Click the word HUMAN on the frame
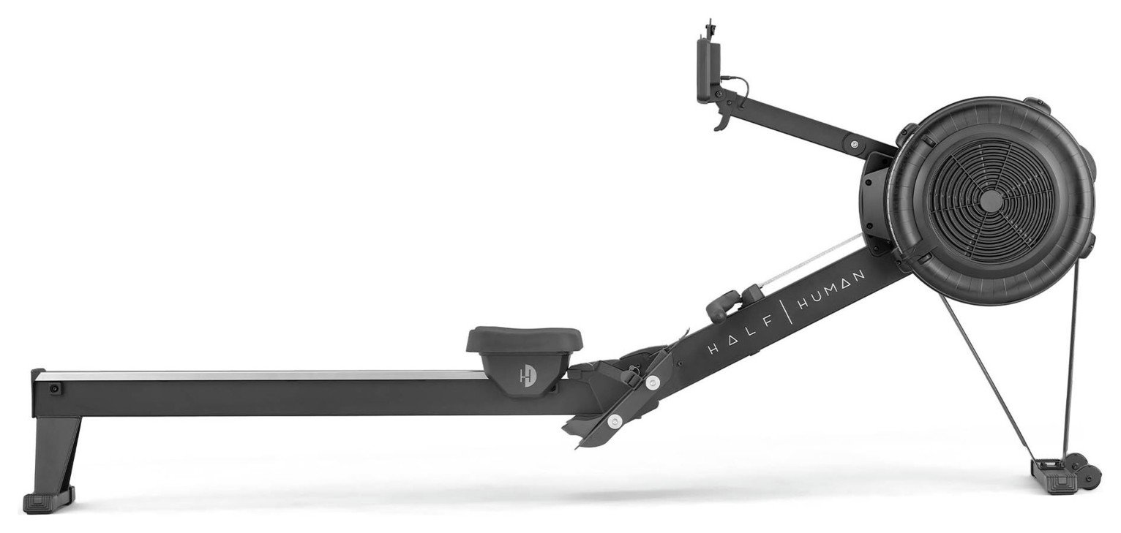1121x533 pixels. tap(831, 290)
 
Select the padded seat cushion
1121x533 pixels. tap(525, 339)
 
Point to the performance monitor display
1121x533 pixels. tap(708, 72)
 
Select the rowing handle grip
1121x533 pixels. tap(723, 304)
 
